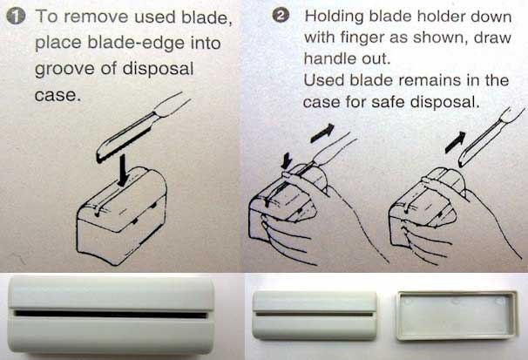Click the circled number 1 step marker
click(x=16, y=17)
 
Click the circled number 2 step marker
click(x=281, y=15)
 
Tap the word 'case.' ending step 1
click(x=58, y=95)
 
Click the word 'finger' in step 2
click(x=362, y=37)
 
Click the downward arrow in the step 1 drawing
click(x=123, y=170)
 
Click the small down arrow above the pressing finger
click(x=287, y=160)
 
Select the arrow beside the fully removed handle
click(x=456, y=142)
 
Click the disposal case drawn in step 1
click(x=122, y=215)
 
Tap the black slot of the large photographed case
click(x=111, y=315)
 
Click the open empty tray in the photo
click(x=457, y=316)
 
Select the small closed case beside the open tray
click(x=315, y=316)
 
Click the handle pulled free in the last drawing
click(x=491, y=138)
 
